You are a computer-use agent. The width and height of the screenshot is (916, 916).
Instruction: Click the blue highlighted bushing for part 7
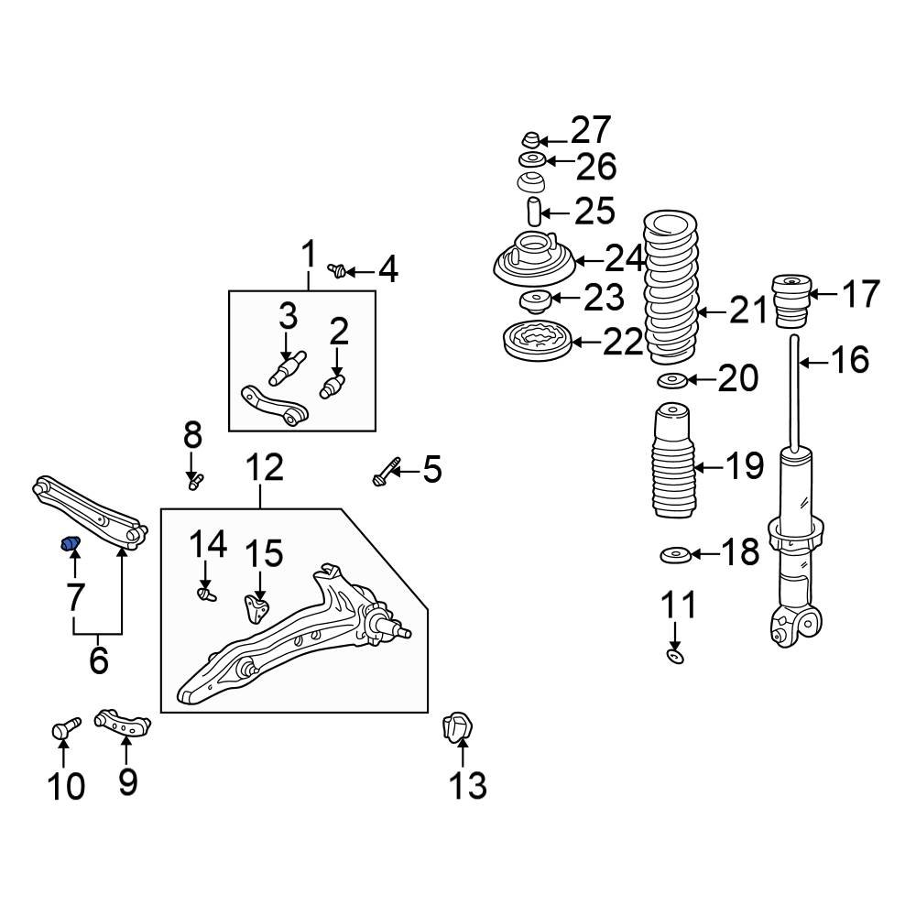pyautogui.click(x=70, y=546)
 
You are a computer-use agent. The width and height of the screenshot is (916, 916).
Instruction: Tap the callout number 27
pyautogui.click(x=591, y=131)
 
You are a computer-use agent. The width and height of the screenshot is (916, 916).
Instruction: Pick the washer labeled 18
pyautogui.click(x=675, y=555)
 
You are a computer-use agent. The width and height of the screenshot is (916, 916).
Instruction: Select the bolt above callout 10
pyautogui.click(x=65, y=728)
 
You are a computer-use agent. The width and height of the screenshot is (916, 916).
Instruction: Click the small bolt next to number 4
pyautogui.click(x=338, y=270)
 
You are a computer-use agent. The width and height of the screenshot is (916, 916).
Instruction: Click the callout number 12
pyautogui.click(x=264, y=469)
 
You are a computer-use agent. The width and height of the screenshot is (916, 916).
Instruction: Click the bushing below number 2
pyautogui.click(x=333, y=387)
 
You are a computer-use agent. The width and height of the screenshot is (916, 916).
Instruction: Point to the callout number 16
pyautogui.click(x=848, y=360)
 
